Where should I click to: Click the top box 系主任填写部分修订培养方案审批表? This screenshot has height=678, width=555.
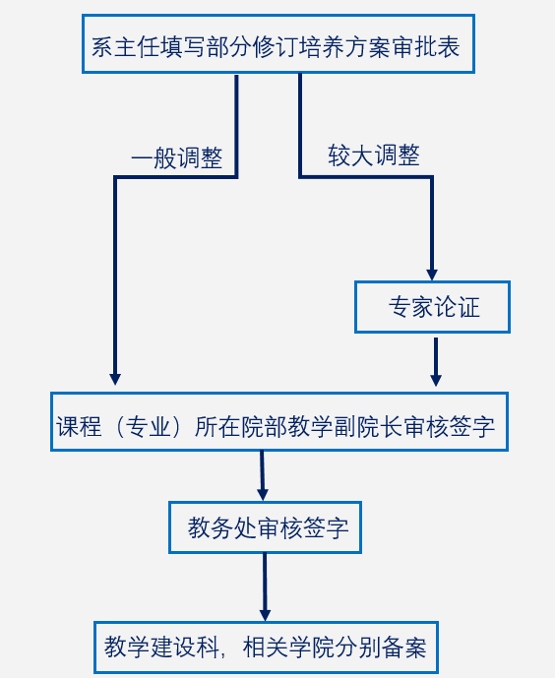click(x=278, y=43)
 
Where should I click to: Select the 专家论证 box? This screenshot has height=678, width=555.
click(x=432, y=307)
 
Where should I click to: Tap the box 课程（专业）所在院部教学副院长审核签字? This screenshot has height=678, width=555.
click(x=279, y=421)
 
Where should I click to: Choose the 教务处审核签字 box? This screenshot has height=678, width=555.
click(x=265, y=527)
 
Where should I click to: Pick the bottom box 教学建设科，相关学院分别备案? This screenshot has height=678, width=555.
click(x=267, y=647)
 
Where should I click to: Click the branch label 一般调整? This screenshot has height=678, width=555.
click(x=177, y=157)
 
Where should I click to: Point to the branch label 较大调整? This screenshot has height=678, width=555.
click(x=374, y=155)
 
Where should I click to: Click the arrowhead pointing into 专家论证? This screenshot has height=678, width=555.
click(x=432, y=275)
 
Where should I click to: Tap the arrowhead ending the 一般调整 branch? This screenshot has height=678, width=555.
click(x=115, y=379)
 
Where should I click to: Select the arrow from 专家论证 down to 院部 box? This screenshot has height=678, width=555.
click(x=436, y=362)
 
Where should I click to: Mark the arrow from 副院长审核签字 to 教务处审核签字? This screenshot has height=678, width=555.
click(x=262, y=475)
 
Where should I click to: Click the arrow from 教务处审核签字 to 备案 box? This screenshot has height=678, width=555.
click(x=265, y=587)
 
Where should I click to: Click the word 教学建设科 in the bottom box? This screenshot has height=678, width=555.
click(x=160, y=647)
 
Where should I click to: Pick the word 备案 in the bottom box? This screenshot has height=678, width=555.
click(x=403, y=647)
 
